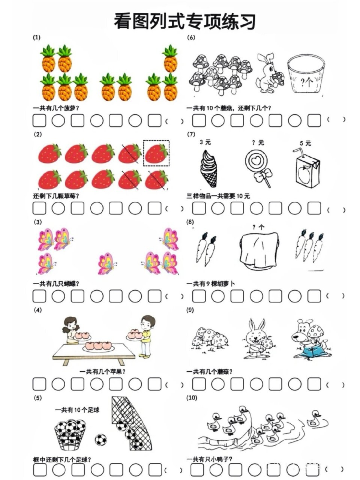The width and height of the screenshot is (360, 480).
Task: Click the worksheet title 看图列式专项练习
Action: pyautogui.click(x=185, y=21)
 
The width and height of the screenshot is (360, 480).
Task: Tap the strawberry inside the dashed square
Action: pyautogui.click(x=156, y=153)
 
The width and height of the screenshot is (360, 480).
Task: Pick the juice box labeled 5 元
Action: pyautogui.click(x=307, y=168)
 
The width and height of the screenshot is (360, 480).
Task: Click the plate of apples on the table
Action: pyautogui.click(x=98, y=346)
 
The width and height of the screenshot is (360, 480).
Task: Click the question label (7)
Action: pyautogui.click(x=191, y=134)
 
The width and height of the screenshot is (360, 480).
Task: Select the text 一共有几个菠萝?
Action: pyautogui.click(x=56, y=108)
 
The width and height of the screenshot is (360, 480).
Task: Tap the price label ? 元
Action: pyautogui.click(x=258, y=142)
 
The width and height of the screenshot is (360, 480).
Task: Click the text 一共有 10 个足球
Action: pyautogui.click(x=77, y=410)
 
